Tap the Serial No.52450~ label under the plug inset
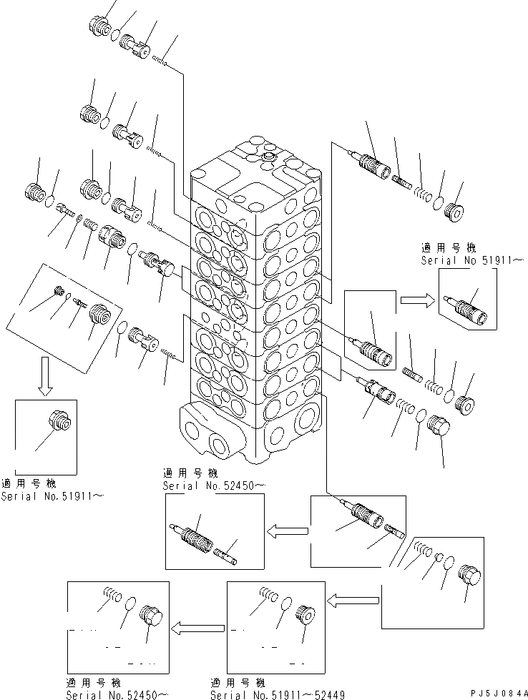[117, 694]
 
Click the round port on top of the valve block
[270, 156]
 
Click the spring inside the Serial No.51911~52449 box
[267, 594]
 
